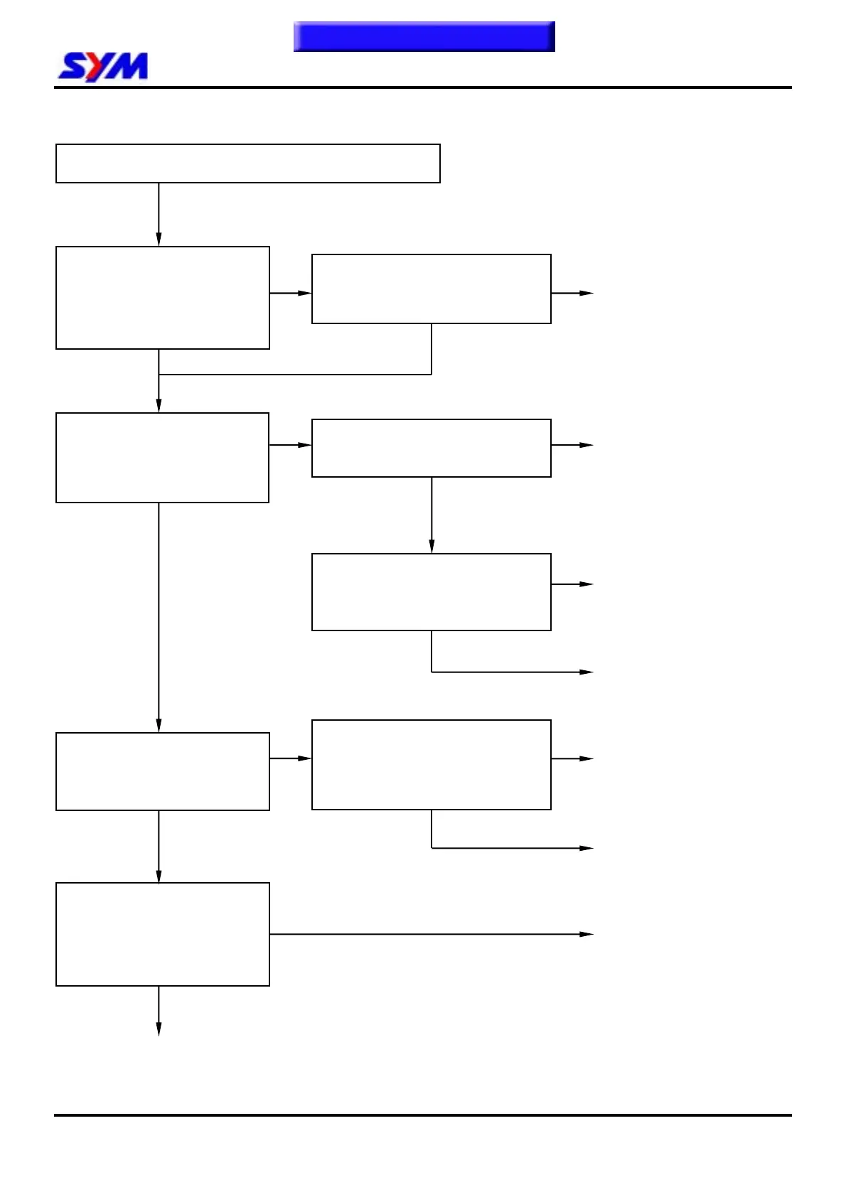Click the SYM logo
pos(103,67)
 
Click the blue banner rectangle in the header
pos(424,36)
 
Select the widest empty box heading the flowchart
pos(247,163)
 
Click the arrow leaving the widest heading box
pos(159,214)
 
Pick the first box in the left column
pos(162,298)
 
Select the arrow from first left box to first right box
pos(290,293)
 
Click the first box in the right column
pos(431,289)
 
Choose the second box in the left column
pos(162,458)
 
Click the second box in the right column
pos(431,448)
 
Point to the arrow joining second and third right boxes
pos(432,515)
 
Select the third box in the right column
pos(431,592)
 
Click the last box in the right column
pos(431,765)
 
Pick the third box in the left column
pos(162,771)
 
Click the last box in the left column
pos(162,934)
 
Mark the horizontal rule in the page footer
pos(422,1115)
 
